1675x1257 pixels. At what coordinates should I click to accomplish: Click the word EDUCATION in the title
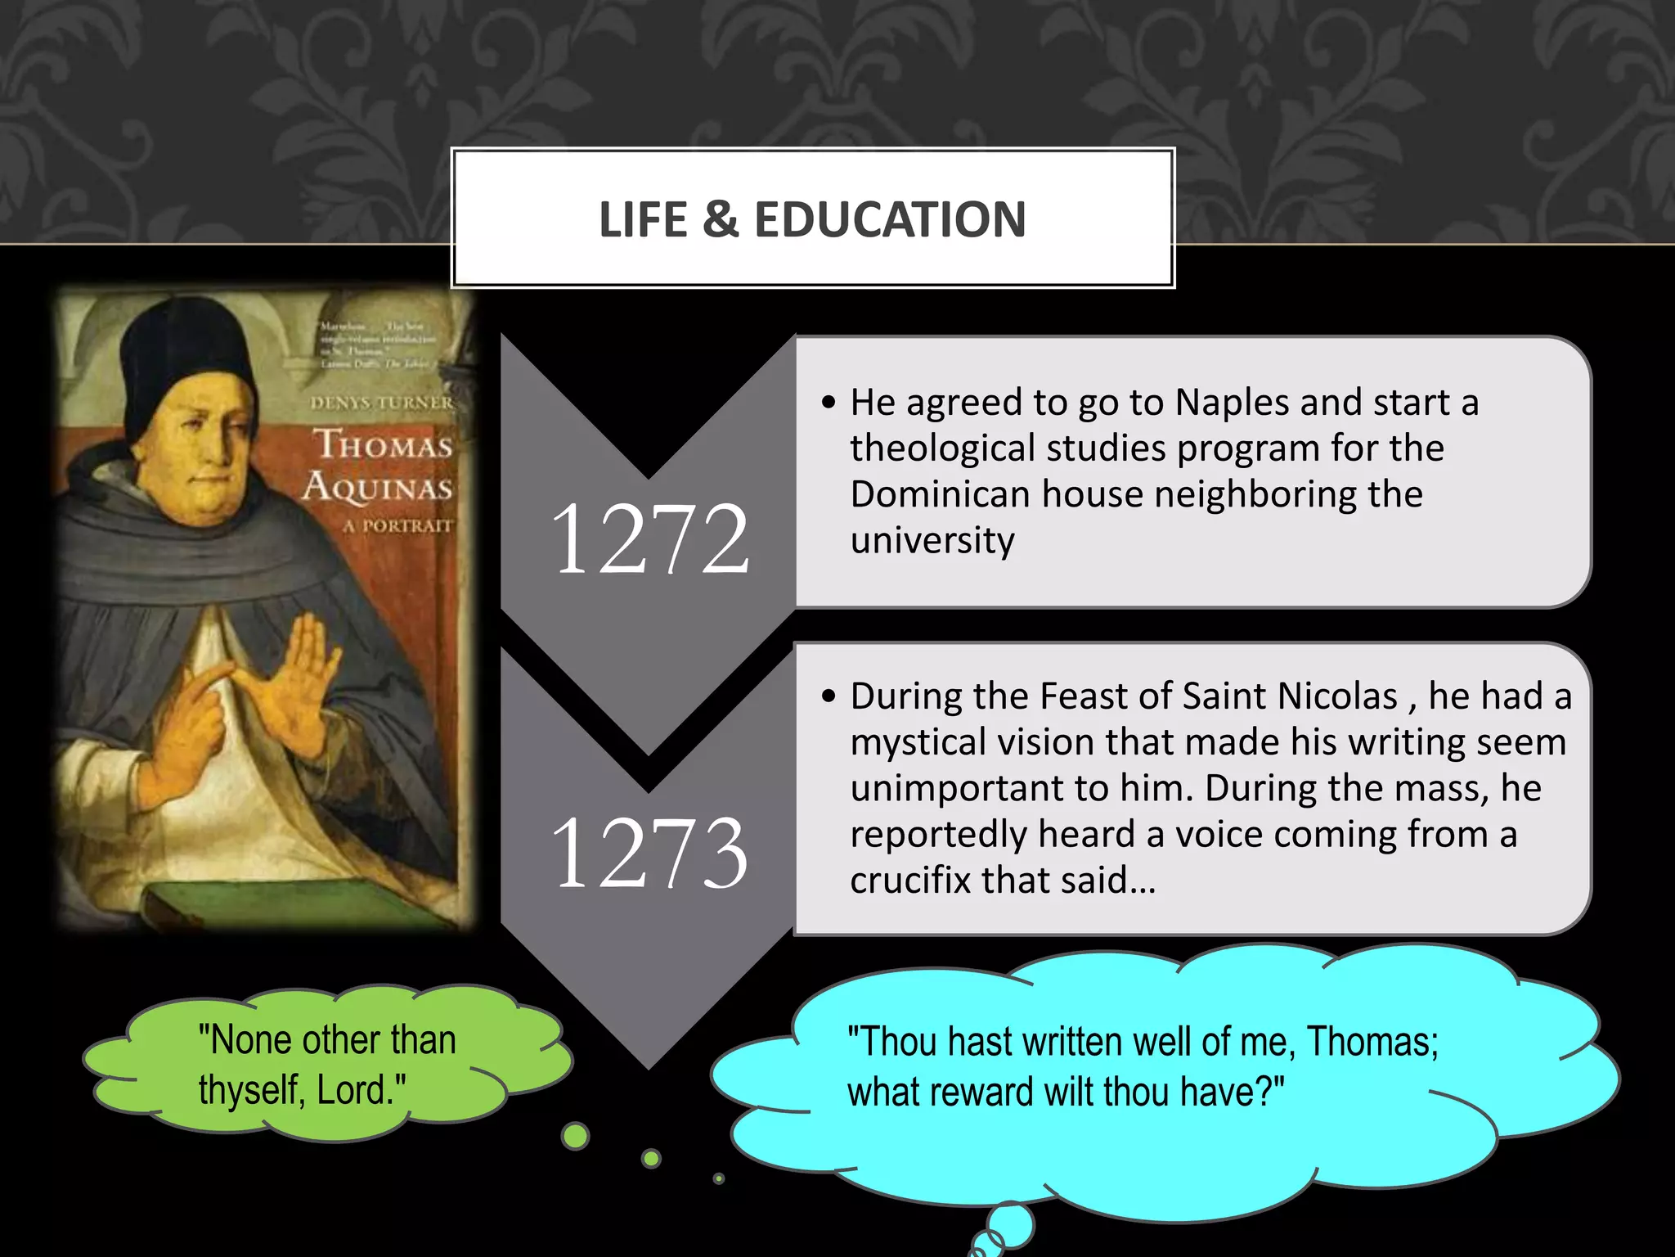coord(890,219)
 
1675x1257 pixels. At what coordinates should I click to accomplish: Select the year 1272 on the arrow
coord(649,538)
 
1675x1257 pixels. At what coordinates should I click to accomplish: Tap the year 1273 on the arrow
coord(649,853)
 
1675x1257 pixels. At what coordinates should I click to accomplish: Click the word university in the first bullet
coord(932,541)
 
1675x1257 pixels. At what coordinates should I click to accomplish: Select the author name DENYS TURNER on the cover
coord(381,403)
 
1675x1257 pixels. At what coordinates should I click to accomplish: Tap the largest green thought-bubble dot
coord(576,1136)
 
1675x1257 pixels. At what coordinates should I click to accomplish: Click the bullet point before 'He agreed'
coord(829,403)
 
